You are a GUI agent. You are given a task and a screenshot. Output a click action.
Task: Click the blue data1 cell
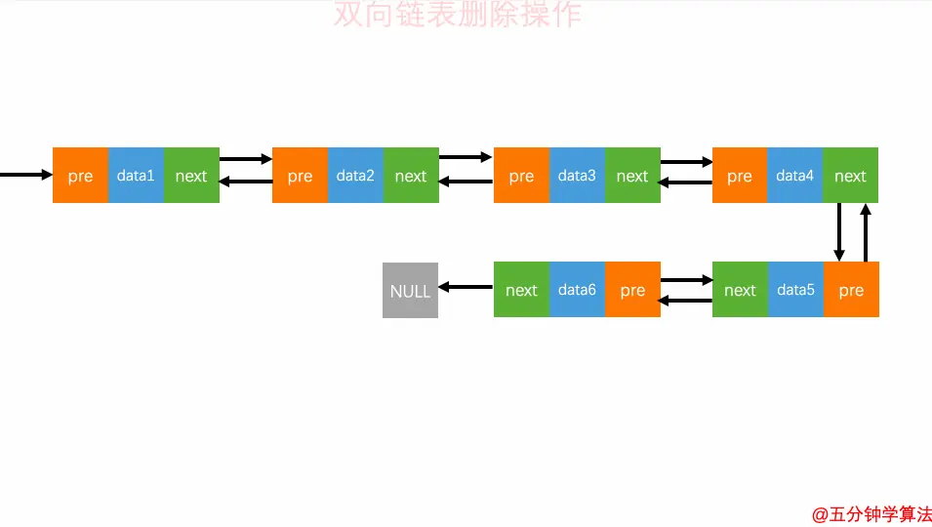coord(136,176)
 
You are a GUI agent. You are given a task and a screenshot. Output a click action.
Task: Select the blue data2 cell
coord(355,176)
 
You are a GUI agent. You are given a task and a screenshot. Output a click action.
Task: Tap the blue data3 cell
coord(577,176)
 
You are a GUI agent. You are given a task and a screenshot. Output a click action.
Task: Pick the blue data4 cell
coord(795,176)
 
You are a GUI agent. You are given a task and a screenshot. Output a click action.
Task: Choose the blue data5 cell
coord(795,290)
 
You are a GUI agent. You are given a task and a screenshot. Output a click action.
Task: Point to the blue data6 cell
coord(577,290)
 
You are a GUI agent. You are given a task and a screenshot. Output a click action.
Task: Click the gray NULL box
coord(410,290)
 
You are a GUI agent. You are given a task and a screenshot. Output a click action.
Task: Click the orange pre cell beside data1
coord(80,176)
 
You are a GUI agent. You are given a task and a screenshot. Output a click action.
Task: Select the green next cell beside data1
coord(191,176)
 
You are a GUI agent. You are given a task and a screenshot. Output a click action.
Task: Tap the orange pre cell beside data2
coord(300,176)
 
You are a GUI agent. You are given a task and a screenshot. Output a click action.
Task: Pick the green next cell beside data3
coord(632,176)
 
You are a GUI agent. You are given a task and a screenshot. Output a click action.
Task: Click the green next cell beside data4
coord(850,176)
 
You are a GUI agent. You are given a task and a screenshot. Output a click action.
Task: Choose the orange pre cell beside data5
coord(851,290)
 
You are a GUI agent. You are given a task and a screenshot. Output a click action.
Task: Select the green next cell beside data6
coord(521,290)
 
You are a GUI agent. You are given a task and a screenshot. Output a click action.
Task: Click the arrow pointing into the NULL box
coord(466,287)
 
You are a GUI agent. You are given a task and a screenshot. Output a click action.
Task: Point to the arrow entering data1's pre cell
coord(25,175)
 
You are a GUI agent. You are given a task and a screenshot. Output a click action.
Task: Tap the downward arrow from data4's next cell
coord(838,232)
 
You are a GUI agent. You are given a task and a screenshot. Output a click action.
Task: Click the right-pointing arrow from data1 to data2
coord(246,158)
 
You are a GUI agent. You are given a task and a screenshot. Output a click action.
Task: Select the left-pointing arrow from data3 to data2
coord(466,181)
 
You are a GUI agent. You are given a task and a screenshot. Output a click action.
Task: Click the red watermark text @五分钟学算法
coord(871,514)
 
